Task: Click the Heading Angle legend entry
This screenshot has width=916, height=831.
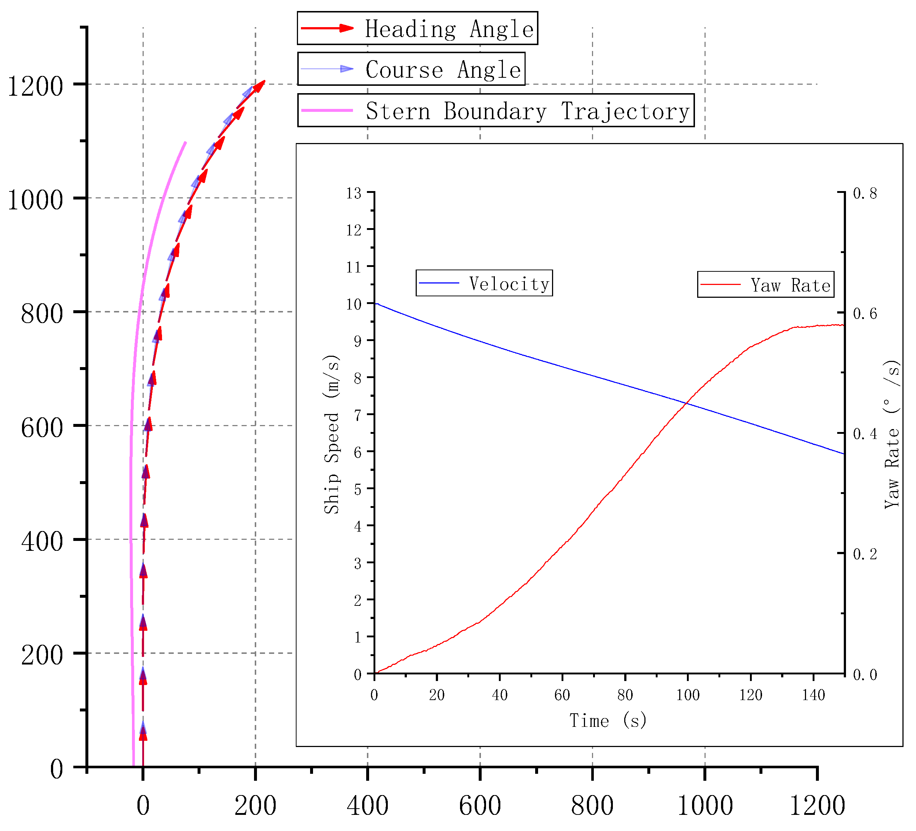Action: coord(417,29)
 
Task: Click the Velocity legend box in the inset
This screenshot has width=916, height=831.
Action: coord(484,283)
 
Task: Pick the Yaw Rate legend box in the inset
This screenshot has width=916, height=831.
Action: coord(766,285)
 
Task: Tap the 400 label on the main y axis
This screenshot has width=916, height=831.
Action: coord(42,541)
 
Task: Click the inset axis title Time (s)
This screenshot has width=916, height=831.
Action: coord(608,721)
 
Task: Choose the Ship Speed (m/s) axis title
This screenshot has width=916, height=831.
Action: coord(332,434)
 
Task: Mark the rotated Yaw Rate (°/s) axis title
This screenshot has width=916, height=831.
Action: coord(892,434)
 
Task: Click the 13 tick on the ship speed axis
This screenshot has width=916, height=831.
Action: coord(353,193)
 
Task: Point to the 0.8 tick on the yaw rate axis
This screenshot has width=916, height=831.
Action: coord(865,193)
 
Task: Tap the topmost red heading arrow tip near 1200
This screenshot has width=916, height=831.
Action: coord(264,82)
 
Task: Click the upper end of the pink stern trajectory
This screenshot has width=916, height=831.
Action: coord(185,142)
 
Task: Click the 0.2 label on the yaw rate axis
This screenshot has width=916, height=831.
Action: coord(865,554)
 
